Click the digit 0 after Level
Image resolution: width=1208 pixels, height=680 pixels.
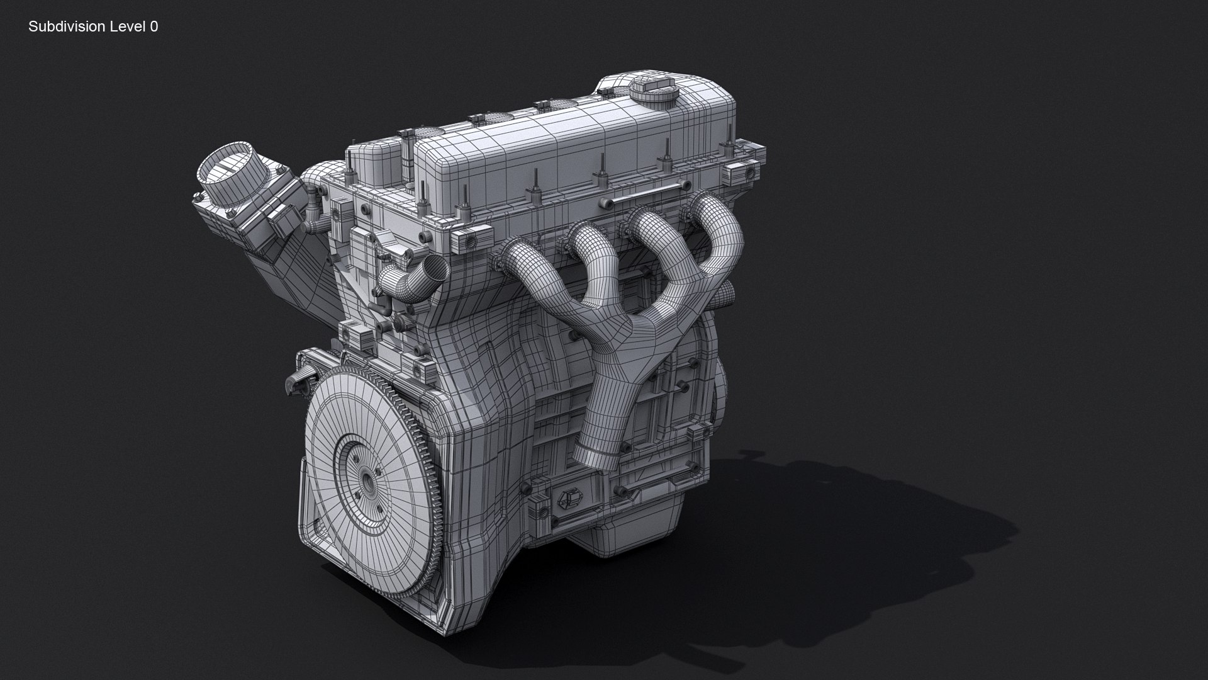coord(154,26)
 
